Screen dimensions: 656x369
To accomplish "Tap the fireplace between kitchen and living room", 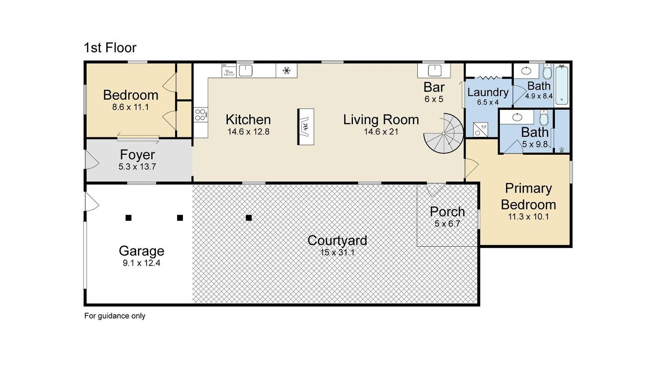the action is click(305, 127).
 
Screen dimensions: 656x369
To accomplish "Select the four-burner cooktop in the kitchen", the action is click(201, 114).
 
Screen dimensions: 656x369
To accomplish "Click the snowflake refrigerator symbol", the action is click(286, 71).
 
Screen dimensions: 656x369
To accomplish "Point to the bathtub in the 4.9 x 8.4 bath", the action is click(562, 85).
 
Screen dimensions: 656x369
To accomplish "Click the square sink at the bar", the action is click(434, 71).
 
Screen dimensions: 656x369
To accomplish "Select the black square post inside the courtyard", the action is click(249, 218).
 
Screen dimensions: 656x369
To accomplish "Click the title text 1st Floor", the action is click(110, 48).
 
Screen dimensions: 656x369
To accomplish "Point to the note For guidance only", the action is click(115, 316).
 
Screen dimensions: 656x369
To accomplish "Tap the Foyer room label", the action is click(137, 155).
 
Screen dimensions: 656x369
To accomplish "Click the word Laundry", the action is click(488, 92).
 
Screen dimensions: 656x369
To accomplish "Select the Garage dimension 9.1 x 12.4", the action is click(141, 263).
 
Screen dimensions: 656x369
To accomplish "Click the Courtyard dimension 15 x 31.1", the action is click(337, 252).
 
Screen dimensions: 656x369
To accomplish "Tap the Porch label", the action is click(447, 212).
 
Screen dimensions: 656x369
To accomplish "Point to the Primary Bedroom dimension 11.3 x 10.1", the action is click(528, 217).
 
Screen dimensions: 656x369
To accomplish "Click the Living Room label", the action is click(381, 120).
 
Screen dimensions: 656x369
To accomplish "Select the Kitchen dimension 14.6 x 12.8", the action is click(248, 132).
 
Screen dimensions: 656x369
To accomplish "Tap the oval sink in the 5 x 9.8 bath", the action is click(517, 117).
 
